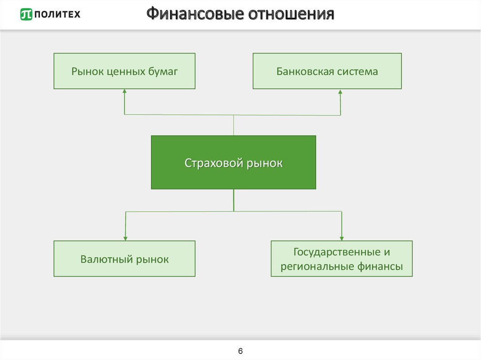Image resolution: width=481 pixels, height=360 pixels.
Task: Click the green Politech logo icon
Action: tap(26, 14)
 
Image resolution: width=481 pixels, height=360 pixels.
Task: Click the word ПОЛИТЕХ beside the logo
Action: tap(57, 15)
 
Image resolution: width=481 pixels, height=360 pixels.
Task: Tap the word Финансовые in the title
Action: tap(195, 14)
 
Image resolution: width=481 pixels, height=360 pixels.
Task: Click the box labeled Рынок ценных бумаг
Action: tap(124, 71)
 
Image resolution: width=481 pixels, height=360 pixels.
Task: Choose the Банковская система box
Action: tap(327, 71)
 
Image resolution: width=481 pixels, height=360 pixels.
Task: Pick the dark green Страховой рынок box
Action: tap(233, 162)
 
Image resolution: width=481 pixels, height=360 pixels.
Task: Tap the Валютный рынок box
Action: tap(124, 259)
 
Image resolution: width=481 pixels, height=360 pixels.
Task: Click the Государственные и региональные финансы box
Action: tap(341, 259)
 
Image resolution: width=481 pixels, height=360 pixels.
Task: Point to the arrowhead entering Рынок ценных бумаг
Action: tap(124, 91)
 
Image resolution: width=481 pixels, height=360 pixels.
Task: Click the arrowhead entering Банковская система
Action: tap(340, 92)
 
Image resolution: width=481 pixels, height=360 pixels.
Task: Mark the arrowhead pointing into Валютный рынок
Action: tap(125, 238)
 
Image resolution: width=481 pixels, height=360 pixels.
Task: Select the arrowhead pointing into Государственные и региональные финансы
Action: tap(342, 238)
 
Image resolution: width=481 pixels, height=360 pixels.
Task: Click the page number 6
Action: tap(240, 351)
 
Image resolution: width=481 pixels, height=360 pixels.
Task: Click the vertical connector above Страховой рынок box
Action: tap(234, 125)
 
